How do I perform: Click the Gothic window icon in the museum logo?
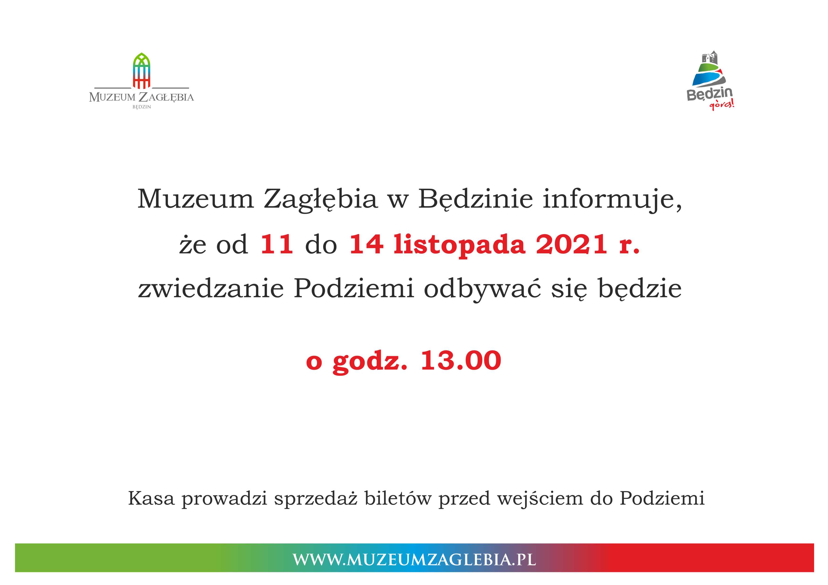coord(142,71)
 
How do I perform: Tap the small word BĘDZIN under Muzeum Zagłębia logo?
coord(142,107)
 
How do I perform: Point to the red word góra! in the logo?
coord(722,105)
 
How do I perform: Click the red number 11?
coord(277,244)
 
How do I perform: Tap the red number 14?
coord(366,244)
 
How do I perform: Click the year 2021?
coord(572,244)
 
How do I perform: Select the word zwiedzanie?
coord(211,289)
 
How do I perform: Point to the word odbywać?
coord(482,290)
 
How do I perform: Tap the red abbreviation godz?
coord(370,362)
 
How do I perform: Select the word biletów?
coord(398,498)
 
